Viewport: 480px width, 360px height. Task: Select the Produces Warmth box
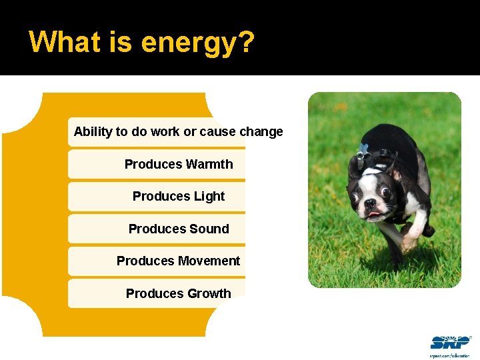pyautogui.click(x=157, y=164)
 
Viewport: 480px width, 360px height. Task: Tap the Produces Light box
pyautogui.click(x=157, y=197)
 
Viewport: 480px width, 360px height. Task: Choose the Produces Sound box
pyautogui.click(x=157, y=229)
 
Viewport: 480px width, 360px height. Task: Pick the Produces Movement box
pyautogui.click(x=157, y=261)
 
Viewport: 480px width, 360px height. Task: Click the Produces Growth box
pyautogui.click(x=157, y=293)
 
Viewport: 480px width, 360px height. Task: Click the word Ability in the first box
pyautogui.click(x=93, y=132)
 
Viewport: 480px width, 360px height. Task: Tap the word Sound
pyautogui.click(x=208, y=229)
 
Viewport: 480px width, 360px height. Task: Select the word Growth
pyautogui.click(x=209, y=293)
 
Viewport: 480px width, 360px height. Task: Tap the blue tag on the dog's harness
pyautogui.click(x=363, y=149)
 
